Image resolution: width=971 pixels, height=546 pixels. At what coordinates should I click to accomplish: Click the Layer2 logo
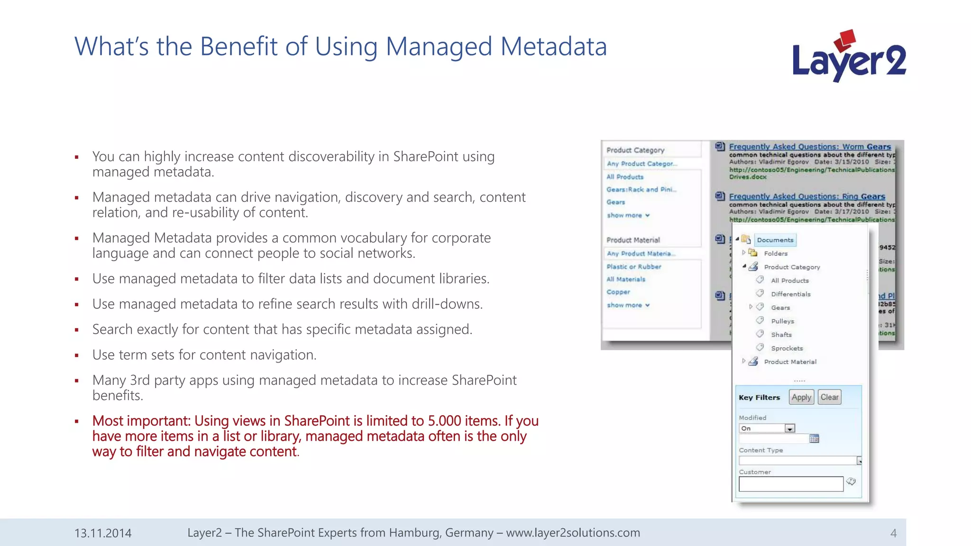coord(849,57)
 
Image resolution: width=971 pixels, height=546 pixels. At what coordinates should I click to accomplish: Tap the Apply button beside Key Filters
coord(801,397)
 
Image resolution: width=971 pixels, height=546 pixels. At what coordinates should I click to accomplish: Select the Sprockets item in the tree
coord(787,348)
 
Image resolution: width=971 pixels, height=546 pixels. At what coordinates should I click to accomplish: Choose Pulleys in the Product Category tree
coord(782,321)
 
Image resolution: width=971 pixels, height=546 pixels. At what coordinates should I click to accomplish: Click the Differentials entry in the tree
coord(790,294)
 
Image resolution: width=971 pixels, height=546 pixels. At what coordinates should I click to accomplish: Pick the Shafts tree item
coord(781,335)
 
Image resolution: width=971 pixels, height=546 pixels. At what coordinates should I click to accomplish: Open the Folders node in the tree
coord(775,254)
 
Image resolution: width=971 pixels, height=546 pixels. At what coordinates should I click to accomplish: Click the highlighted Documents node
coord(775,240)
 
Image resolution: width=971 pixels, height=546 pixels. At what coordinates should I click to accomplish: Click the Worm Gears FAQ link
coord(809,147)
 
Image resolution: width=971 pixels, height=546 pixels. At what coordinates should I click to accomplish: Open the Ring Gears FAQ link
coord(806,197)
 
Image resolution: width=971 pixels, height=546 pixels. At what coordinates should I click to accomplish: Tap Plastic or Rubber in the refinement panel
coord(633,267)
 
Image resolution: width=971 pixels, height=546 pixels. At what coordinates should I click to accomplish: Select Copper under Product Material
coord(618,292)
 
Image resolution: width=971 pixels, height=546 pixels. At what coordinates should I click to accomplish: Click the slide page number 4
coord(893,533)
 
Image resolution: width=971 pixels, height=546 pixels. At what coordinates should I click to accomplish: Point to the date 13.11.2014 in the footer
coord(103,533)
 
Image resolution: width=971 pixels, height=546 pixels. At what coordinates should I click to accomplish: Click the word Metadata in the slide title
coord(553,47)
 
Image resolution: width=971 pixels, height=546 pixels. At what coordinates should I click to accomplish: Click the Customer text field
coord(790,484)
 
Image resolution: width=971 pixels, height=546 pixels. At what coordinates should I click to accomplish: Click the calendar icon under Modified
coord(814,438)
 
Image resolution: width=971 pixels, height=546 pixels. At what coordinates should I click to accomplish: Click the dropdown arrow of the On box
coord(789,428)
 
